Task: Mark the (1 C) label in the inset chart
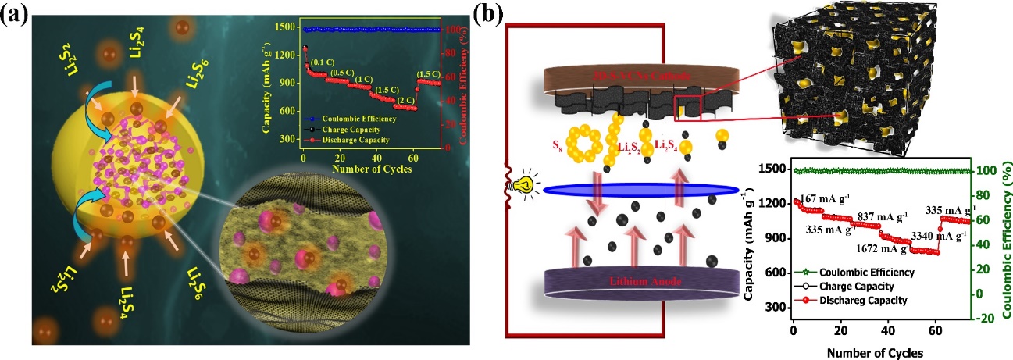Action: coord(362,80)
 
